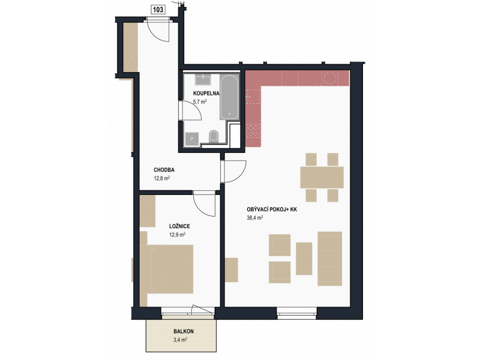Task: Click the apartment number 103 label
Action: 158,10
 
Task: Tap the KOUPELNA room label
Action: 206,94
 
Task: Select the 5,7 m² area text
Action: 200,101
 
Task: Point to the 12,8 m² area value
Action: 161,178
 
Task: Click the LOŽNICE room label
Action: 179,227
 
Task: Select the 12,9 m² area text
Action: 177,235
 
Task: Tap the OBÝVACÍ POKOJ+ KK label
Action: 272,209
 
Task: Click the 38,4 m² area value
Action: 255,218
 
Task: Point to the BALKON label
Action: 184,331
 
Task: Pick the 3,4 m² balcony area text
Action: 181,340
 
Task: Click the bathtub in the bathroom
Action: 230,97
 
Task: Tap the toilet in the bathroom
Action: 214,137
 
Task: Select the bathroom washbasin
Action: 203,80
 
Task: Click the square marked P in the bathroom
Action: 192,139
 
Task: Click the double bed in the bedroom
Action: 167,269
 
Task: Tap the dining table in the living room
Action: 322,177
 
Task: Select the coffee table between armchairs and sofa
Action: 304,259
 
